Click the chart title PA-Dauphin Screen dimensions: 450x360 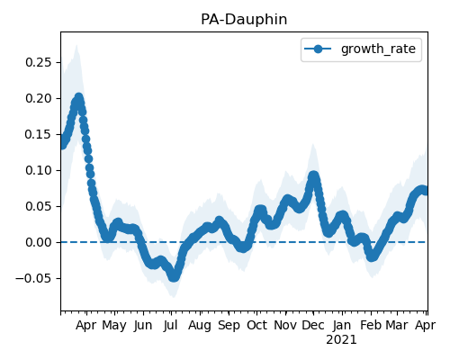tap(244, 20)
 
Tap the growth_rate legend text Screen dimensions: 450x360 tap(378, 49)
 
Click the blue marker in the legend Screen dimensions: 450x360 tap(318, 49)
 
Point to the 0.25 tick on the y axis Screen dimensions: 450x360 tap(39, 62)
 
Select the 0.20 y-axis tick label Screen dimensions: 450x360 tap(39, 98)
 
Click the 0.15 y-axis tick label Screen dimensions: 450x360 tap(39, 134)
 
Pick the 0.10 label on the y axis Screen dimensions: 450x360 tap(39, 170)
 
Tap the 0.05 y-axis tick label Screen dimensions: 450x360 tap(39, 206)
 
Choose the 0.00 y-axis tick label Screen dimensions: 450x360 tap(39, 242)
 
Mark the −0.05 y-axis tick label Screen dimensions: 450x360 tap(33, 278)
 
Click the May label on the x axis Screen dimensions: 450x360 tap(114, 326)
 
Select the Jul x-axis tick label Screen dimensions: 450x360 tap(171, 325)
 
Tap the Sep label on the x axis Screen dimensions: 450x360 tap(229, 326)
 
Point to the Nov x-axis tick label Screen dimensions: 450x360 tap(285, 325)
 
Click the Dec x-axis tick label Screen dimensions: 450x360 tap(313, 325)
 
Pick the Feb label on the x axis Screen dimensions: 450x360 tap(371, 325)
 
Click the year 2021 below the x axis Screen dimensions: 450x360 tap(341, 340)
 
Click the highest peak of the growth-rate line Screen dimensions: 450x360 tap(79, 97)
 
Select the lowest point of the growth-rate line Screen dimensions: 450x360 tap(174, 277)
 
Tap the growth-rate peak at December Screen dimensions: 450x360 tap(313, 175)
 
